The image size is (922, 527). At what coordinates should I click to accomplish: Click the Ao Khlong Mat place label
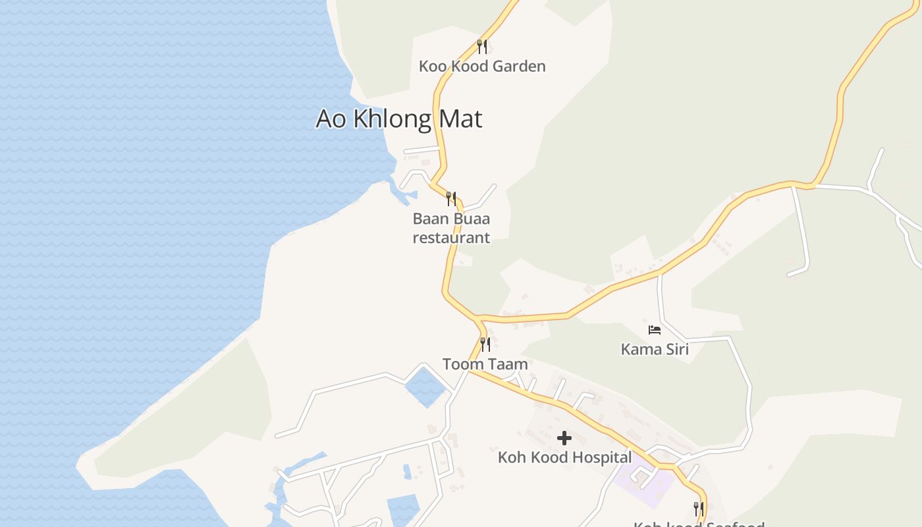click(398, 119)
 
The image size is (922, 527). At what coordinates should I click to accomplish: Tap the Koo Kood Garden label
click(482, 66)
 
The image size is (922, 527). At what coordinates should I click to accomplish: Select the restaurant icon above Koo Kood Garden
click(482, 46)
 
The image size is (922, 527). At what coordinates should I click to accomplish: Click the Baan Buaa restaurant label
click(451, 228)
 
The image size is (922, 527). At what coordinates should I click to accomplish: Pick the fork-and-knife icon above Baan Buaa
click(451, 198)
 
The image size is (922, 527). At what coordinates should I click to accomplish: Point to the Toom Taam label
click(485, 364)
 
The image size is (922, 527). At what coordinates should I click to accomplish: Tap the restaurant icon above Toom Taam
click(485, 344)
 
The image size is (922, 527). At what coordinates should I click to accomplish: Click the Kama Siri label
click(655, 349)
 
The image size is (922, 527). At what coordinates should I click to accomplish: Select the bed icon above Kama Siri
click(655, 329)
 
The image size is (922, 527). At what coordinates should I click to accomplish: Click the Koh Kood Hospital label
click(564, 457)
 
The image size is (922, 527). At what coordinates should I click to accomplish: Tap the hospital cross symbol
click(564, 438)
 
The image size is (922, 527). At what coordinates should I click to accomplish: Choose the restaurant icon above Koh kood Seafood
click(699, 509)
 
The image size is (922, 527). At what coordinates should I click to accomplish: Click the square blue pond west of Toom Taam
click(425, 387)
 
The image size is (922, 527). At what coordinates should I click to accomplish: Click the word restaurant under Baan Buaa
click(451, 237)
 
